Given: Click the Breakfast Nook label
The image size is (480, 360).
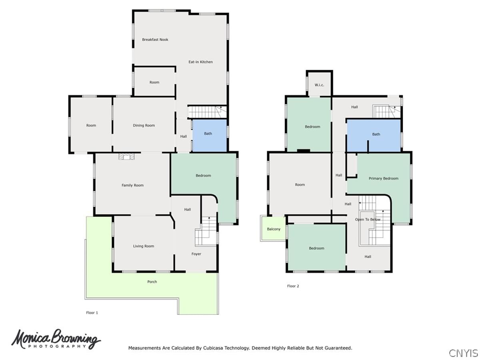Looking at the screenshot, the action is (x=155, y=40).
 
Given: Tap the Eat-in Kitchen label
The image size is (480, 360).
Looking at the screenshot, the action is (x=200, y=62).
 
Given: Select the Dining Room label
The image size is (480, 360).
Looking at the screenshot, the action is (x=144, y=125).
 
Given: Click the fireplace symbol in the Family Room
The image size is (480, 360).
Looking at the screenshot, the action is (x=126, y=156).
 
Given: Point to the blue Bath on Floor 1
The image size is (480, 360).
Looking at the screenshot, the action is (x=209, y=136).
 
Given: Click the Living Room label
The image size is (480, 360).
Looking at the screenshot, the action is (x=144, y=246).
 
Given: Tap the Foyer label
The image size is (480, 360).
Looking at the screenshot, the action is (x=196, y=254).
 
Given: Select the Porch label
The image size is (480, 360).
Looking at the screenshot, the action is (x=152, y=282).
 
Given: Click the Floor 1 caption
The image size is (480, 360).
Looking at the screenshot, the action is (x=92, y=312).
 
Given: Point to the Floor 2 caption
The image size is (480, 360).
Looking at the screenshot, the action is (x=293, y=286).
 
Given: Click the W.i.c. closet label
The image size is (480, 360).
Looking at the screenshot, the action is (x=319, y=85).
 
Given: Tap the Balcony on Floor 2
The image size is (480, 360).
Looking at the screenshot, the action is (x=273, y=229).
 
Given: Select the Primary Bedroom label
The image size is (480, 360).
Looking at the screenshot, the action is (x=383, y=178).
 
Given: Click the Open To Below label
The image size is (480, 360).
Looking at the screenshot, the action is (x=368, y=219).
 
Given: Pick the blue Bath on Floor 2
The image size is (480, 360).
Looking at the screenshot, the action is (x=374, y=136).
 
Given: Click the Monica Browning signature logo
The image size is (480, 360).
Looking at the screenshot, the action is (x=56, y=339).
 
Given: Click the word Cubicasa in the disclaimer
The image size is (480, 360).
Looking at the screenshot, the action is (x=212, y=348).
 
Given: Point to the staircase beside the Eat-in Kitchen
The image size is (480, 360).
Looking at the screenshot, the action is (x=207, y=112).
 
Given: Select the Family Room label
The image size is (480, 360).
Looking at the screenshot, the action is (x=132, y=185).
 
